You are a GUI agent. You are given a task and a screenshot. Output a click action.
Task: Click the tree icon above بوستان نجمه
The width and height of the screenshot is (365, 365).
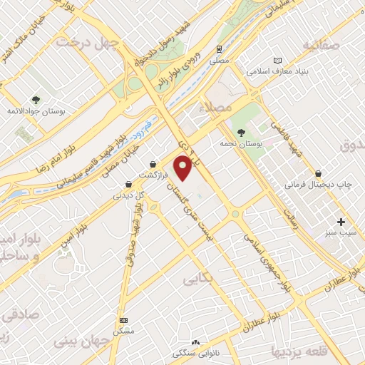241,133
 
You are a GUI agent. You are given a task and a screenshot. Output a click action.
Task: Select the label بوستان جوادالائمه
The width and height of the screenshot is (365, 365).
32,113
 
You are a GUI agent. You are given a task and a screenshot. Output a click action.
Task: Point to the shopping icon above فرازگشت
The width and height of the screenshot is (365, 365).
153,163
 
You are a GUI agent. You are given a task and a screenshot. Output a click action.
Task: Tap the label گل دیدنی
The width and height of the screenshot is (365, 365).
130,195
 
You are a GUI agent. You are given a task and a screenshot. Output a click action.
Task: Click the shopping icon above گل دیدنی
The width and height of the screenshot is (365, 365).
128,183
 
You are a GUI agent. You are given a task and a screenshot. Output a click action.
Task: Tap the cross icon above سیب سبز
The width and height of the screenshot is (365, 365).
341,222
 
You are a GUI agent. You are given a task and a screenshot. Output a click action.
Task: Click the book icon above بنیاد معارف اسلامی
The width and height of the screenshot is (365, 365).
277,61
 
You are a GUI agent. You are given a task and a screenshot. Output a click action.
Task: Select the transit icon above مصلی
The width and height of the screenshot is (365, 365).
220,50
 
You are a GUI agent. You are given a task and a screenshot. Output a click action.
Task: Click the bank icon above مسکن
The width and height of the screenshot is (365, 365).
124,320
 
